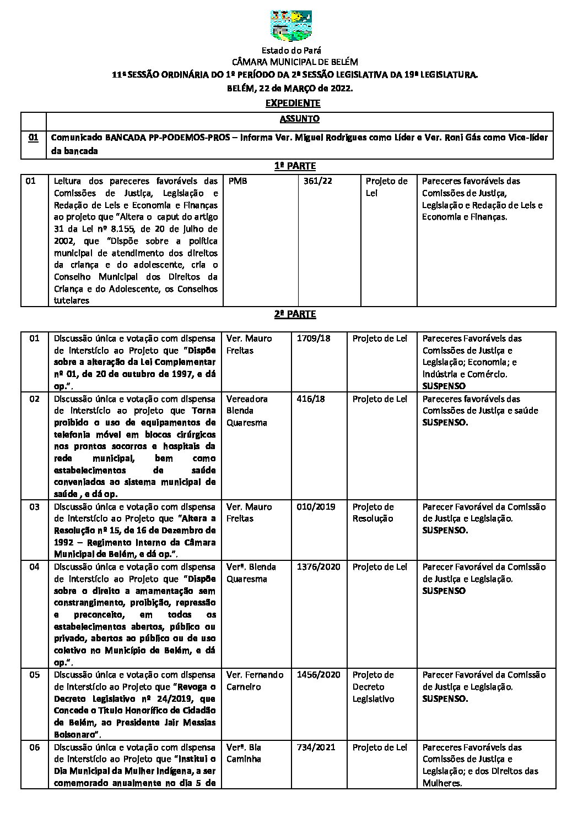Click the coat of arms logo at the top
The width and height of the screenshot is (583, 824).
coord(291,26)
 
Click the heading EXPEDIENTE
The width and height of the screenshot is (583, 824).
coord(293,103)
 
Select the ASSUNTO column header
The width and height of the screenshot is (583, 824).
coord(299,118)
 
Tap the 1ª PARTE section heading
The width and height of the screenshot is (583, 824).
coord(295,166)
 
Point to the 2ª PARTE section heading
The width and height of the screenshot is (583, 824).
coord(295,314)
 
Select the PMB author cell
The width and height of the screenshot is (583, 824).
coord(237,181)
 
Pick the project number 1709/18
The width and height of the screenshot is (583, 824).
coord(314,339)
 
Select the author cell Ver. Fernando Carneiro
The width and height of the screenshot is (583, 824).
coord(255,681)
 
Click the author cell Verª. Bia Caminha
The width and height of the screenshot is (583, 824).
coord(244,753)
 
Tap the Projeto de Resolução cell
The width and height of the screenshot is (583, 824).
coord(374,512)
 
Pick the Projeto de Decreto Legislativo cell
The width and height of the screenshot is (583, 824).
coord(374,687)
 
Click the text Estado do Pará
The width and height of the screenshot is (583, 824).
coord(291,51)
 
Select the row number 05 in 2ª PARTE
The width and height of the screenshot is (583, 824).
coord(35,675)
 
